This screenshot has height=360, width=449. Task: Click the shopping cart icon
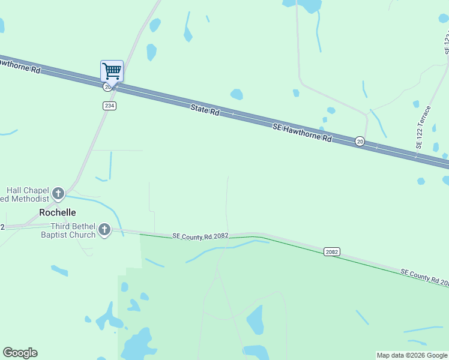point(112,71)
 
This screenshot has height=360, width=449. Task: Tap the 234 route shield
point(109,106)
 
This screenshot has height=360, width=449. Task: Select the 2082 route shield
point(332,251)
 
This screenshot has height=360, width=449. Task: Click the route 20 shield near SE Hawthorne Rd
point(360,141)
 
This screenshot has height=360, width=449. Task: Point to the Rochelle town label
point(57,212)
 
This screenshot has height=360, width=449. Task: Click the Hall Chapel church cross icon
point(58,193)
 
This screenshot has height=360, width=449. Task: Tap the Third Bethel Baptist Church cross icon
point(104,230)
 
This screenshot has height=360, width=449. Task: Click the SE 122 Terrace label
point(423,128)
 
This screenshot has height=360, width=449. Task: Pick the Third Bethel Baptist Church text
point(73,230)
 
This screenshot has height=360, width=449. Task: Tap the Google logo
point(20,353)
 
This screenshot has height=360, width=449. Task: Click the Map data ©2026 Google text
point(412,355)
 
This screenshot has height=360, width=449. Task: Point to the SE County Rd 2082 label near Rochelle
point(200,236)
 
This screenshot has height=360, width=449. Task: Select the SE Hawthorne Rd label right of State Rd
point(302,133)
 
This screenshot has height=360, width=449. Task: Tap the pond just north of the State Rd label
point(237,94)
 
